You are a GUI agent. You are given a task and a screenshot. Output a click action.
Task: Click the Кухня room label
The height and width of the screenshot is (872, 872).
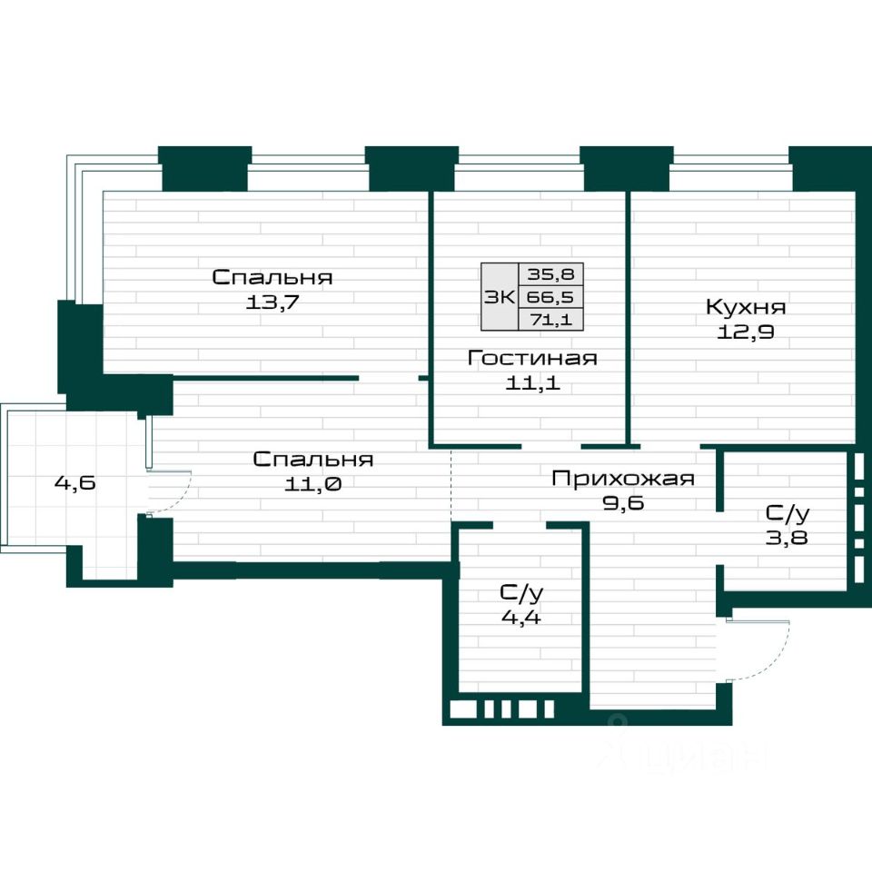[x=746, y=307]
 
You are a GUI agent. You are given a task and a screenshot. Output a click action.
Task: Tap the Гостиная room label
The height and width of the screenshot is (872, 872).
[x=532, y=358]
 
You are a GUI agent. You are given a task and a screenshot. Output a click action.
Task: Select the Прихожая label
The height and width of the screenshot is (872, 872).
[x=623, y=479]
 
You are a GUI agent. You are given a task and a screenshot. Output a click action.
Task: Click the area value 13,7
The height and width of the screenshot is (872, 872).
[x=272, y=302]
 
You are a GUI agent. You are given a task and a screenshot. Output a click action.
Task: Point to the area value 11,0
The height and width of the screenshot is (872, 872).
[x=312, y=484]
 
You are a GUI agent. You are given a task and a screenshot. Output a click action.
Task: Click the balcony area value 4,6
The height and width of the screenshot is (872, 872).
[x=75, y=482]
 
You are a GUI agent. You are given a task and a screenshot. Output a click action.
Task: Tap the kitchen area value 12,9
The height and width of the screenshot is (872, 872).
[x=745, y=332]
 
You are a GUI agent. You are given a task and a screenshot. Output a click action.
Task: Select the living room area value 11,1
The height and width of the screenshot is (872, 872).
[x=532, y=383]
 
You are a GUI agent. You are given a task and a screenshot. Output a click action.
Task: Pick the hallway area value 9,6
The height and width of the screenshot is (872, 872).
[x=623, y=502]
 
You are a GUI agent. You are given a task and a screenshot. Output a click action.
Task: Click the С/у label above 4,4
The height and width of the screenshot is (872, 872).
[x=521, y=593]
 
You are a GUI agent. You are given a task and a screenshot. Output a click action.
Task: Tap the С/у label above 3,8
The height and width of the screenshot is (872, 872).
[x=788, y=513]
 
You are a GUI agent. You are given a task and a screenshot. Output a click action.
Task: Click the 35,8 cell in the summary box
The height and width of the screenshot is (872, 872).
[x=550, y=274]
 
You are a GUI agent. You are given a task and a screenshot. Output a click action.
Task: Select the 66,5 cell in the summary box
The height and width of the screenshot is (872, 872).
[x=550, y=297]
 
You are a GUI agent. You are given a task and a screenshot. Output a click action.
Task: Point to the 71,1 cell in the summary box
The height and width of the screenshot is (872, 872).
[x=550, y=320]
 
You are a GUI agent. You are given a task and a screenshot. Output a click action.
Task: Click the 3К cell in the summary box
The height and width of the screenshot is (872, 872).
[x=500, y=297]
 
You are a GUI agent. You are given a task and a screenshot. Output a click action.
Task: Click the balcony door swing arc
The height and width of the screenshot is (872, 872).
[x=183, y=497]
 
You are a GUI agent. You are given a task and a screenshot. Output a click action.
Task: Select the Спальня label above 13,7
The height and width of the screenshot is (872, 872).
[x=272, y=277]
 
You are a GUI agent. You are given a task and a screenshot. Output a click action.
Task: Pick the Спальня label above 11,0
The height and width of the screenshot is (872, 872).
[x=312, y=460]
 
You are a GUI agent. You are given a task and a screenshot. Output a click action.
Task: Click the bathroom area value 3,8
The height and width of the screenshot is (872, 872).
[x=787, y=538]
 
